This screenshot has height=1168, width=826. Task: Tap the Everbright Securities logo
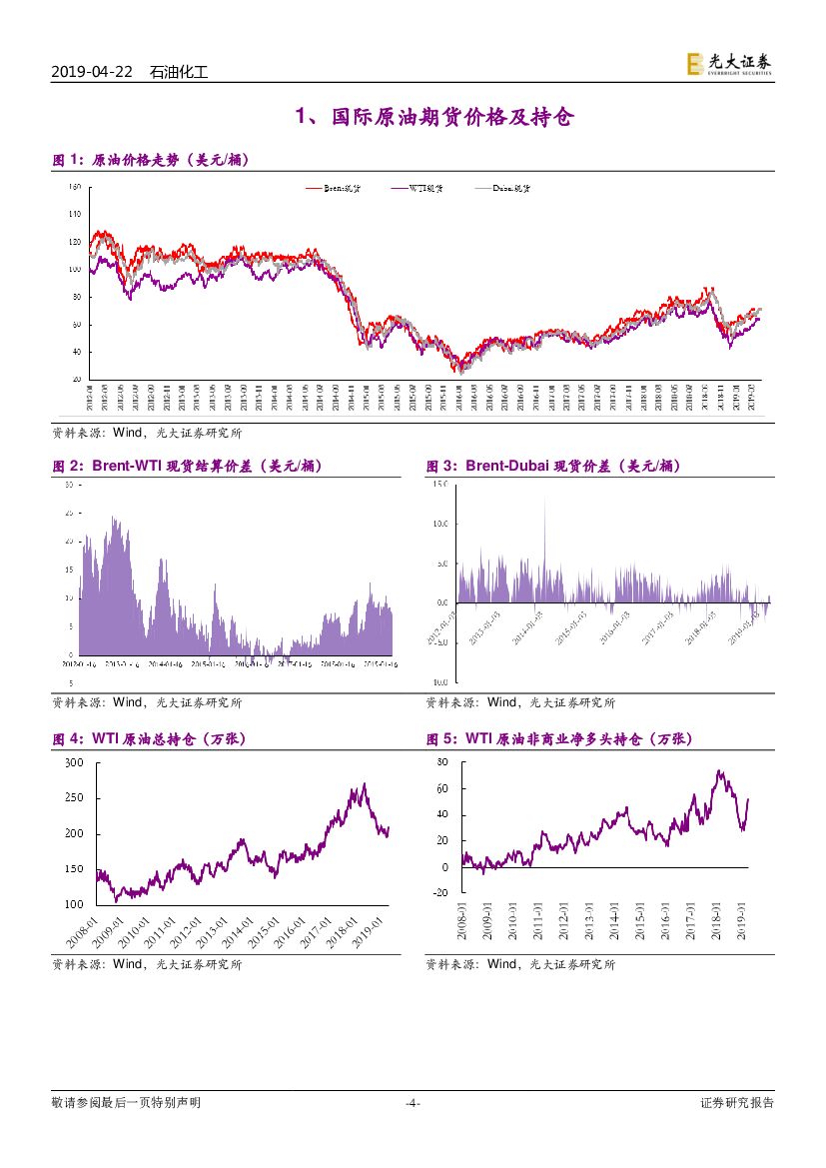728,64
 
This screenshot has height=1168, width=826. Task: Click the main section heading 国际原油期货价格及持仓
434,118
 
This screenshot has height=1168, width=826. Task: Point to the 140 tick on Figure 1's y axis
75,214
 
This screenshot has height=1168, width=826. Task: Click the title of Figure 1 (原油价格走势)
150,160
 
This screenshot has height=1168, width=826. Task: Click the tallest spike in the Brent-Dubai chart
544,499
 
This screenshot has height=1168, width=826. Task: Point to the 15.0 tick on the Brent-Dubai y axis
439,485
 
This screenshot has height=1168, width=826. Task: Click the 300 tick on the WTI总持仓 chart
74,762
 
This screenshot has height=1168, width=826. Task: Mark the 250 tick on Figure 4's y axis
74,798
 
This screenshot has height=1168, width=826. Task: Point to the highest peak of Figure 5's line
718,770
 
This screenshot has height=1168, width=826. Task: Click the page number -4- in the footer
413,1103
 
